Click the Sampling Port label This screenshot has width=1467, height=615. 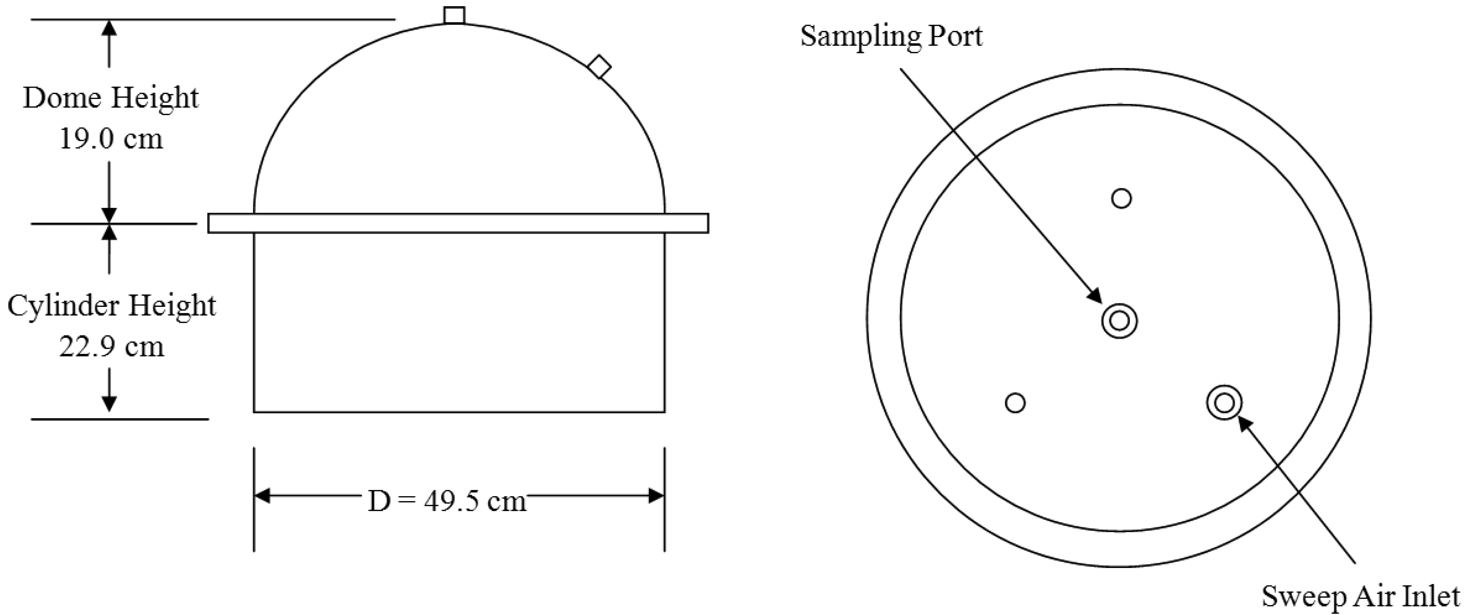[x=891, y=36]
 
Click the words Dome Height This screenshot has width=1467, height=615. [x=111, y=98]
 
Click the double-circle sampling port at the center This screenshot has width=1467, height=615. [x=1119, y=321]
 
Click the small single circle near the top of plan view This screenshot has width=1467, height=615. [x=1121, y=199]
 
